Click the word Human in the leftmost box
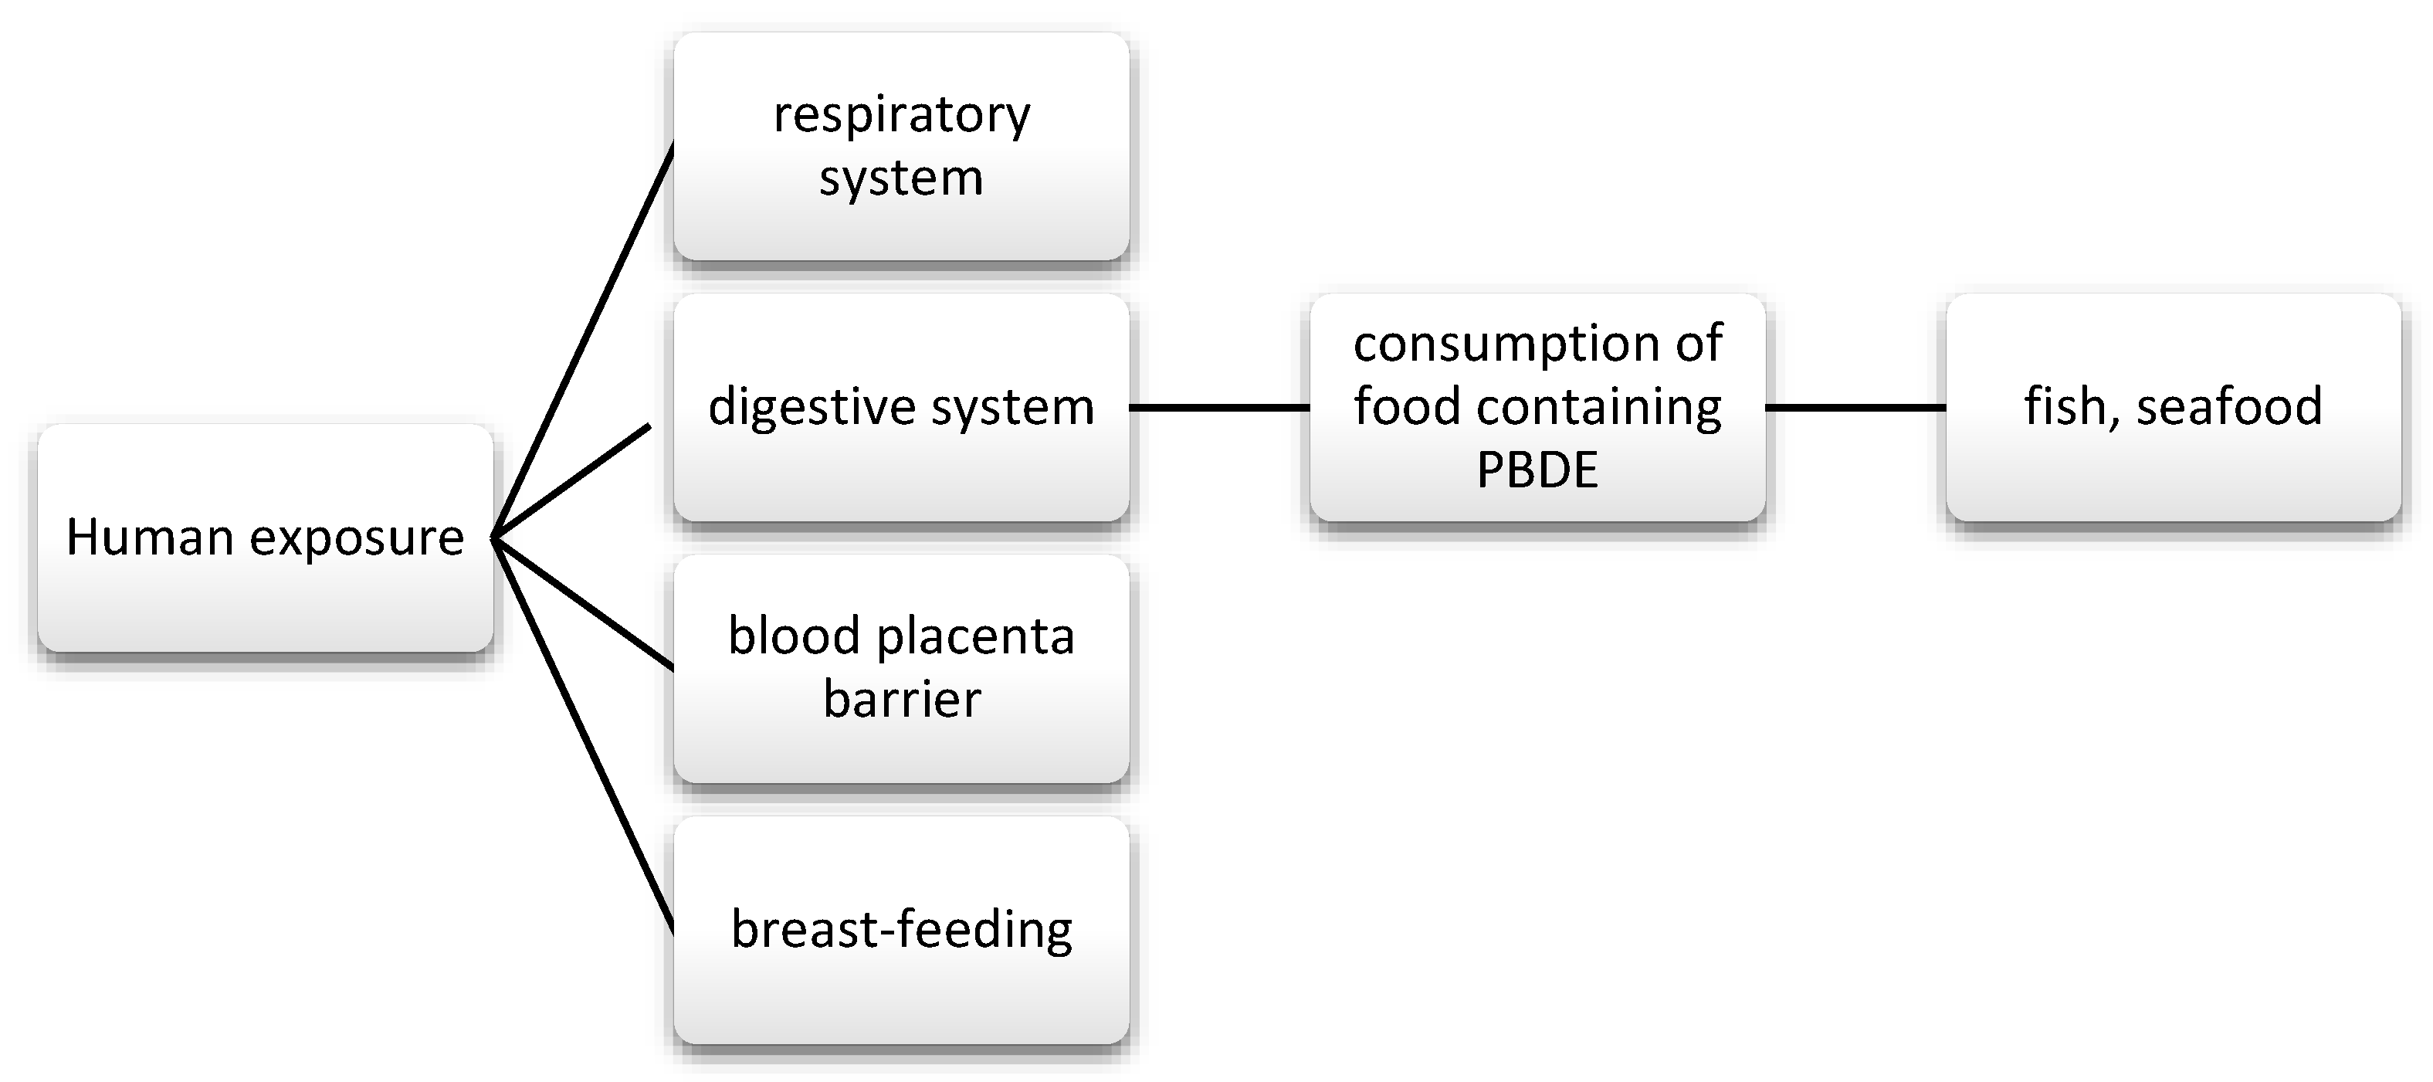pyautogui.click(x=150, y=538)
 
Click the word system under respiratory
pyautogui.click(x=901, y=178)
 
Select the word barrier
pyautogui.click(x=901, y=699)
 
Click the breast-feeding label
pyautogui.click(x=901, y=930)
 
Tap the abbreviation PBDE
pyautogui.click(x=1537, y=470)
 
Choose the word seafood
pyautogui.click(x=2229, y=407)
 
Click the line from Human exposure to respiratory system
pyautogui.click(x=584, y=340)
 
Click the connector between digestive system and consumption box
pyautogui.click(x=1218, y=407)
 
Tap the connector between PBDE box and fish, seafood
pyautogui.click(x=1855, y=407)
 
